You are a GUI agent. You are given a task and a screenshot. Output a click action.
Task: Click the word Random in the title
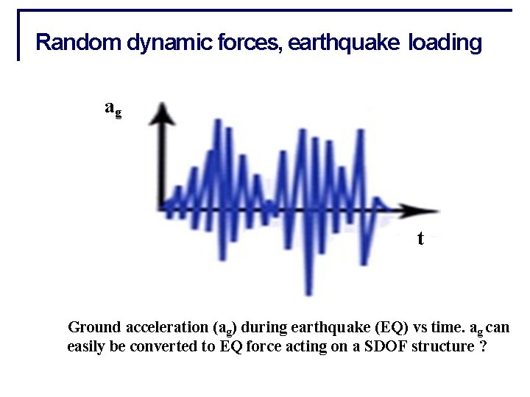79,43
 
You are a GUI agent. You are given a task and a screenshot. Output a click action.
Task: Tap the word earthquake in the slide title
344,43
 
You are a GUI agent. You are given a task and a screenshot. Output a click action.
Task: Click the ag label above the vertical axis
113,108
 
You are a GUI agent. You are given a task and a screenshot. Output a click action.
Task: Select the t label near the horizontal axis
420,238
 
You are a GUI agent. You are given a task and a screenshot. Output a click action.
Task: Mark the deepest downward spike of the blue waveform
309,292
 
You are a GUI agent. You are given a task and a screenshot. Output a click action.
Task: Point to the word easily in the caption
86,347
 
